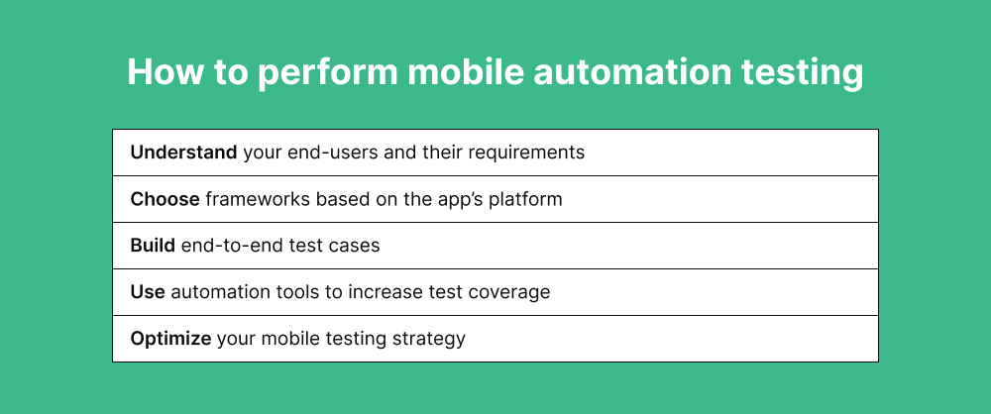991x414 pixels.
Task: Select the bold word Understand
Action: click(x=183, y=153)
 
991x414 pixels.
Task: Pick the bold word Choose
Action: click(x=165, y=199)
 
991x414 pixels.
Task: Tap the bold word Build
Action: click(x=153, y=246)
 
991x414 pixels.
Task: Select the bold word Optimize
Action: click(x=170, y=339)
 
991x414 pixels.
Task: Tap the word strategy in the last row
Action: click(x=431, y=339)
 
